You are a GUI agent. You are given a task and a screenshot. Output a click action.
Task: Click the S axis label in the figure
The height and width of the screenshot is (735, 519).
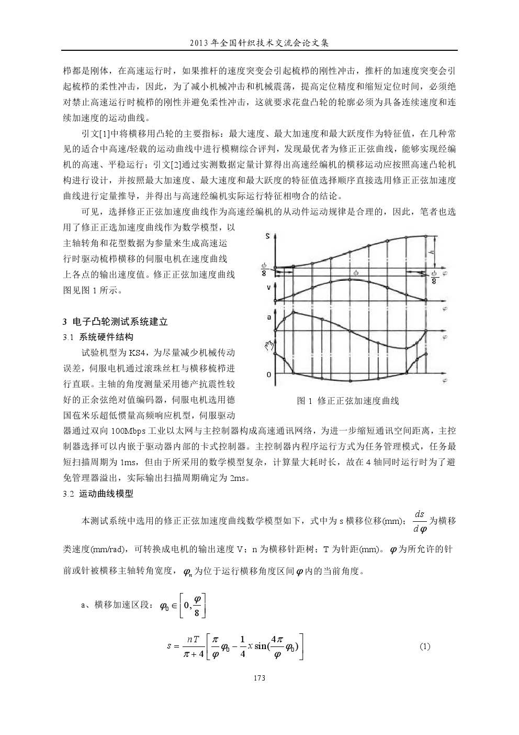(x=268, y=237)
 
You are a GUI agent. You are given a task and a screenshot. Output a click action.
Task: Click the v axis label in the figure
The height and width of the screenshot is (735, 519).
(x=268, y=287)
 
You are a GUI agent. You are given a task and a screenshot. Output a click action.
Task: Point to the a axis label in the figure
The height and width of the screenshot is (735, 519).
(x=268, y=317)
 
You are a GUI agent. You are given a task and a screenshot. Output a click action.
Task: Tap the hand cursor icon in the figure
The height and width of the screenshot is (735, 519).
(x=269, y=346)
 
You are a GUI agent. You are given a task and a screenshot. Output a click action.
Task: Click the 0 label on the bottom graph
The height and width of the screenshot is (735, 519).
(x=269, y=375)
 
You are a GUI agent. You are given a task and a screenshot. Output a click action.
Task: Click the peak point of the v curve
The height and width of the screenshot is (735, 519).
(x=349, y=280)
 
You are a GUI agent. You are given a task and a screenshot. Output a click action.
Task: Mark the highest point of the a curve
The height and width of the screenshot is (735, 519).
(x=293, y=312)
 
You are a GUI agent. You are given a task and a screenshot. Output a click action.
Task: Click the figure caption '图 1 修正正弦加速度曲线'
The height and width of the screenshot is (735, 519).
(x=348, y=401)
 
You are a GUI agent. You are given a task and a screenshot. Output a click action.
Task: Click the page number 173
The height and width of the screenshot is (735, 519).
(x=259, y=678)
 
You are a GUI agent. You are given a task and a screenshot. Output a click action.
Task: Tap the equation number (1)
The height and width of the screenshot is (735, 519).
(x=425, y=646)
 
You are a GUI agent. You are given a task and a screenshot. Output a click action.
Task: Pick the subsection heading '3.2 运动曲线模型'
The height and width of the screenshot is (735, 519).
(x=98, y=493)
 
